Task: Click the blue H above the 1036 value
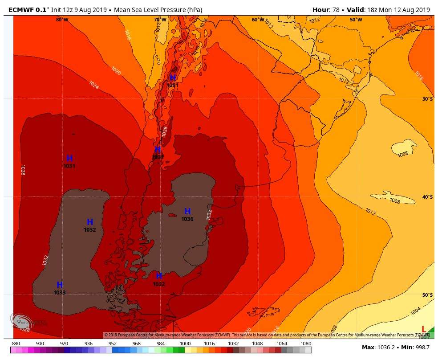187,212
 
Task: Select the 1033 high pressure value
60,293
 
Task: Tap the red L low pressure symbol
424,329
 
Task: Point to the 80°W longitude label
62,20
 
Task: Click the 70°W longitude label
160,20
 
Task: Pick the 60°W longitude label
258,20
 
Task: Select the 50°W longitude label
356,20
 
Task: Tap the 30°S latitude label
427,99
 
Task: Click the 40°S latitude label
427,197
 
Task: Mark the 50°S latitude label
427,295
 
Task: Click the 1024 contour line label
94,85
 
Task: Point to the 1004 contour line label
415,311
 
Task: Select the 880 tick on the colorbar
16,344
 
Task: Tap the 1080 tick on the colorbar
306,344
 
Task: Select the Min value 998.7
422,348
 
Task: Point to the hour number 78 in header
336,10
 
